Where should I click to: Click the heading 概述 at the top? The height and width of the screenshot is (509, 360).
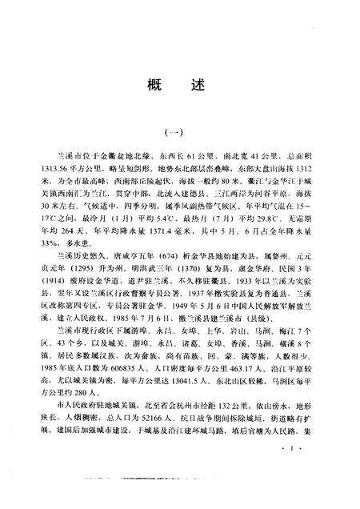pos(180,86)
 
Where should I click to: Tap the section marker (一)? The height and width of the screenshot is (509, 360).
pos(181,134)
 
